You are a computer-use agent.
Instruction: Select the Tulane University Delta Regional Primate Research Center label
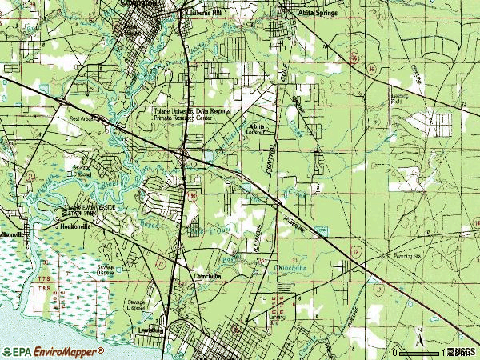(x=189, y=115)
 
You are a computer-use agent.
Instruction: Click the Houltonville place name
(x=78, y=226)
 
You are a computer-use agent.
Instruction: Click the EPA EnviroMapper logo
(x=53, y=352)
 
